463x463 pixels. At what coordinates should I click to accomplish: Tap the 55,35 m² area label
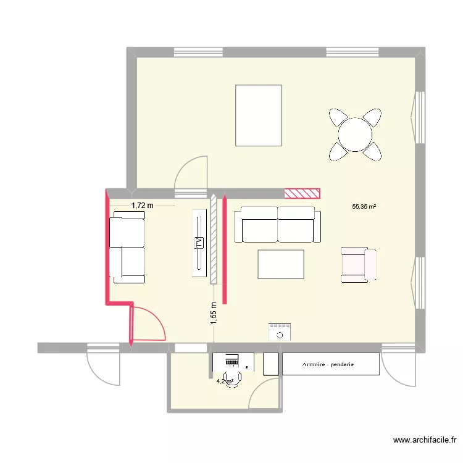[364, 207]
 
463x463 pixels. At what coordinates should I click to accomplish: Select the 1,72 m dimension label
[141, 204]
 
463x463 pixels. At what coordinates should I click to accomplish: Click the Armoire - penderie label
[328, 364]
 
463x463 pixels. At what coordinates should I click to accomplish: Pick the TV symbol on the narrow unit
[199, 243]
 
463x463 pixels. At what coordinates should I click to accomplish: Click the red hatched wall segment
[302, 193]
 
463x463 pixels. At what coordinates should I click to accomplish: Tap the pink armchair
[359, 265]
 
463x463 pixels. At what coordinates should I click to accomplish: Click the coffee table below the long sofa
[281, 264]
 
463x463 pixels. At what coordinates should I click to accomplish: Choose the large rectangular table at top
[258, 115]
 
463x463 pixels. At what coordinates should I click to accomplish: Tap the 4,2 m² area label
[224, 382]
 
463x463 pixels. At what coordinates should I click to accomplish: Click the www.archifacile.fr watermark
[425, 440]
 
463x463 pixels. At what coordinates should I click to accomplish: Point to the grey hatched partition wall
[214, 239]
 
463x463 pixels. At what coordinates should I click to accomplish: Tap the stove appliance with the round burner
[280, 332]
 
